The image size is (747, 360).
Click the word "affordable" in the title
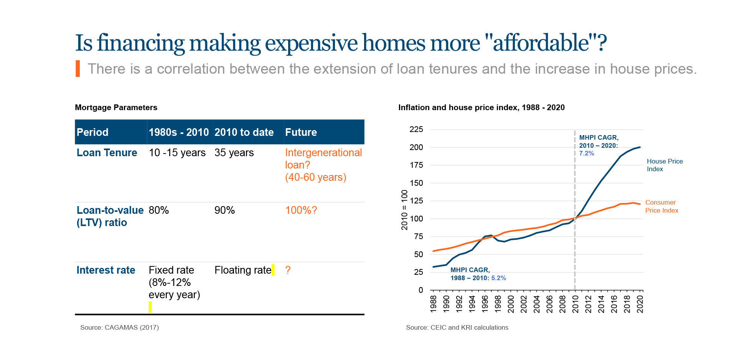click(x=541, y=43)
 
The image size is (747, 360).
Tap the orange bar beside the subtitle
click(x=78, y=69)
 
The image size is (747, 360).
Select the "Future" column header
click(x=301, y=132)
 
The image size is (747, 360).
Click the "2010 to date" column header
click(x=244, y=132)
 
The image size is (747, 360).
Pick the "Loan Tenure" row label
click(x=107, y=153)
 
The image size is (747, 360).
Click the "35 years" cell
click(x=234, y=153)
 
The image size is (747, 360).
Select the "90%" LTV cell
click(x=224, y=210)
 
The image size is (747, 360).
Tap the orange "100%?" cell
click(x=301, y=210)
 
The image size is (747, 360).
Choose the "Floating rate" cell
click(x=243, y=270)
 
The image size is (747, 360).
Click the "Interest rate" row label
click(x=106, y=270)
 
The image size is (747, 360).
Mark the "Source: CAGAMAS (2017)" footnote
click(x=119, y=327)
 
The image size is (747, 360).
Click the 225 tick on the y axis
click(x=416, y=129)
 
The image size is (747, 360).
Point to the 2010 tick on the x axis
click(x=575, y=304)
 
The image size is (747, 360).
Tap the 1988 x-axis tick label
click(x=434, y=304)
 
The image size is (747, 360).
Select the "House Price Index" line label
click(x=665, y=165)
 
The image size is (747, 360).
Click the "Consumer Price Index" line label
click(x=661, y=206)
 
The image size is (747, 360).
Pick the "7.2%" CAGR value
click(x=586, y=154)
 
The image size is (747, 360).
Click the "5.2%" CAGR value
click(x=498, y=278)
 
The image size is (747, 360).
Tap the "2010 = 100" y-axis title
click(x=404, y=210)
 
